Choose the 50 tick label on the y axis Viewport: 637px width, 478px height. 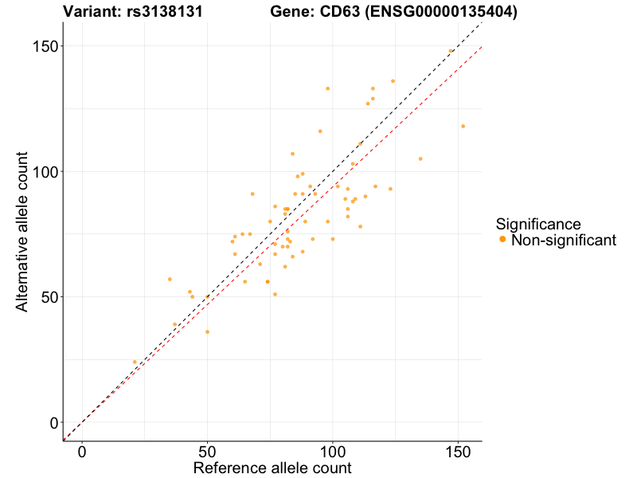pos(47,297)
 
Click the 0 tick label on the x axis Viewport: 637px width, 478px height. pos(82,451)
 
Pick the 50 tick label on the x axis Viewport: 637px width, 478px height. pos(207,451)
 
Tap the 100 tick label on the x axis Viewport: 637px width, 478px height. pos(333,451)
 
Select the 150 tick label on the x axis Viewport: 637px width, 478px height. pos(458,451)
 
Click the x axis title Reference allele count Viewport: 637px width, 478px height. pos(272,468)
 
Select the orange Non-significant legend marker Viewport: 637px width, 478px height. pos(502,240)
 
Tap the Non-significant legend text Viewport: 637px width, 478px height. pos(564,240)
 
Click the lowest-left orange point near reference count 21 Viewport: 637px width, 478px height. pos(135,362)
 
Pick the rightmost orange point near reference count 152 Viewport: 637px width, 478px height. pos(463,126)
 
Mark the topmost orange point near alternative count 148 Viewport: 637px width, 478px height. pos(450,51)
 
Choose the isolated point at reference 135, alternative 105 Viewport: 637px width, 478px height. pos(420,159)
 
